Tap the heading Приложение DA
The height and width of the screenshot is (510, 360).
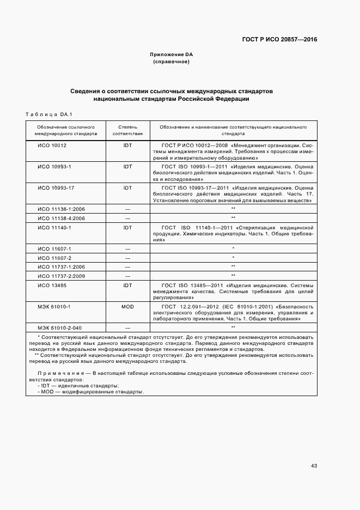coord(171,54)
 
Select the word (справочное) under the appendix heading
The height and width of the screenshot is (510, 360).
coord(171,62)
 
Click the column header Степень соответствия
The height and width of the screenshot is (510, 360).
coord(127,130)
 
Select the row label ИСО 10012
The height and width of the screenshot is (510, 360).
coord(52,146)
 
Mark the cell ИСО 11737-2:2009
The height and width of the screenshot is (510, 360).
coord(58,276)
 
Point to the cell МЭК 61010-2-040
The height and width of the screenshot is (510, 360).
coord(58,327)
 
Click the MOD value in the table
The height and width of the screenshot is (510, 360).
coord(127,307)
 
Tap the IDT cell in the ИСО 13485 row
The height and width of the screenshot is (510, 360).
coord(127,286)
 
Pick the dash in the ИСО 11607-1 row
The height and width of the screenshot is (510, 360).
coord(127,248)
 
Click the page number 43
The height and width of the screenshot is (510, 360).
coord(314,465)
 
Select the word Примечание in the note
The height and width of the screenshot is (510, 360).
coord(60,373)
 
